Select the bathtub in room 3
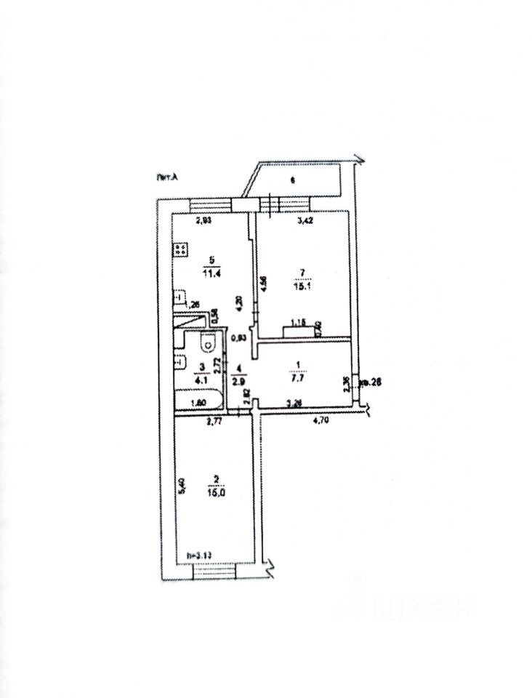point(197,400)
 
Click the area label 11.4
point(211,273)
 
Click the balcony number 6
point(291,181)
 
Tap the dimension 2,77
point(213,420)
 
